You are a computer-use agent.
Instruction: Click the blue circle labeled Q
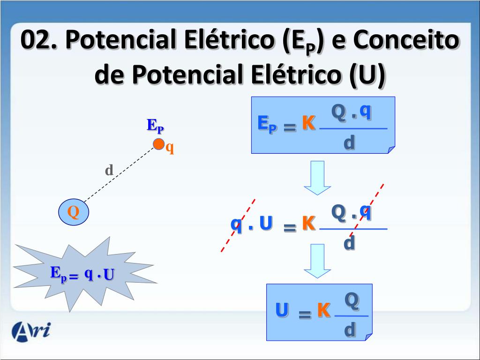point(74,212)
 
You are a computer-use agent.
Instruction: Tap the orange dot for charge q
point(159,144)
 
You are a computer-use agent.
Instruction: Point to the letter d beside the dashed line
point(109,170)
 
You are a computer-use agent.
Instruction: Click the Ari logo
point(31,331)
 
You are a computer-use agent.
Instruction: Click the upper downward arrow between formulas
point(317,177)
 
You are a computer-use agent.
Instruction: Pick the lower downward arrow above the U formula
point(317,261)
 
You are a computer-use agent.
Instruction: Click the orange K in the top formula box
point(308,123)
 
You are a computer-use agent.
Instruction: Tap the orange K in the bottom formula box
point(323,310)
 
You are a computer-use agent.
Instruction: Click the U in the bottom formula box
point(282,310)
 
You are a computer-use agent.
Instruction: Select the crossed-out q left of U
point(236,224)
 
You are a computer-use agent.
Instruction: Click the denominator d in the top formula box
point(349,142)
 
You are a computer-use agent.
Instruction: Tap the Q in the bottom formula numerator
point(352,300)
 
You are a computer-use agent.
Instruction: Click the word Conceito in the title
point(406,40)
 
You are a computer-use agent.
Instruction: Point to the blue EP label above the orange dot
point(155,126)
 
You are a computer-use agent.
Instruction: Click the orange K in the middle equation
point(308,224)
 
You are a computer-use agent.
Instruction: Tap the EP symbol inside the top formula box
point(267,124)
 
